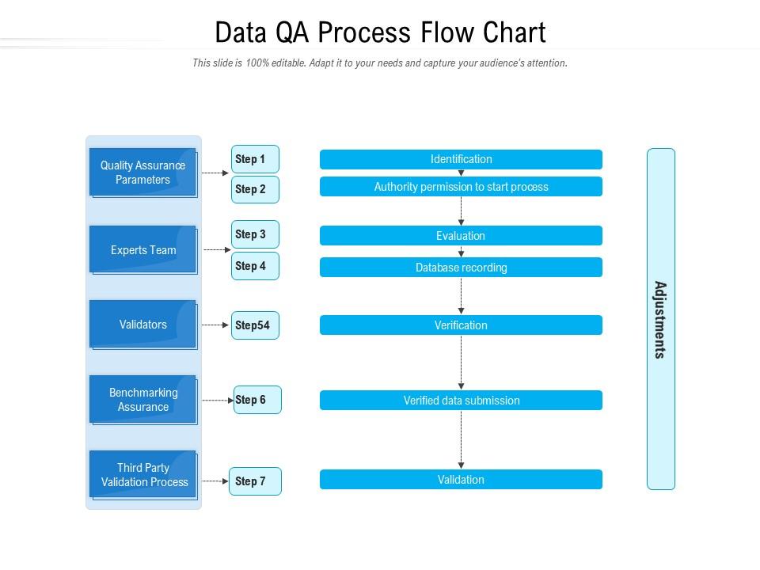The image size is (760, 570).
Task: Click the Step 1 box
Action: [x=255, y=159]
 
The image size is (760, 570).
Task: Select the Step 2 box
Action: [x=255, y=189]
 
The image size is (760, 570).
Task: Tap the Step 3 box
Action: [x=255, y=234]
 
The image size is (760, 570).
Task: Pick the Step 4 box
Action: [x=255, y=266]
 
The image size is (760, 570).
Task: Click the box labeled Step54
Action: [x=255, y=325]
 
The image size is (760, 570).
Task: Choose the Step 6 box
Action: [x=257, y=400]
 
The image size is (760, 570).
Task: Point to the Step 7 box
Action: [x=255, y=481]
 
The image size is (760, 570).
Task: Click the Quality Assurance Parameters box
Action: [x=142, y=173]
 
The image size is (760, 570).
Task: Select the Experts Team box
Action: [x=142, y=250]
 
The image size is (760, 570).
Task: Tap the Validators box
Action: [x=142, y=325]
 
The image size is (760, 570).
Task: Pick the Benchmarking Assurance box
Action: [x=142, y=400]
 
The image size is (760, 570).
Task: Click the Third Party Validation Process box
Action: [x=142, y=475]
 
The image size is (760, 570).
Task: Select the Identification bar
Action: [x=461, y=159]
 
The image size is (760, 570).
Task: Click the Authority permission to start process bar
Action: [x=461, y=187]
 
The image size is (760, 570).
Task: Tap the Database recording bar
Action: [x=461, y=268]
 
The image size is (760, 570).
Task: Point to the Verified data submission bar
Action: [x=461, y=401]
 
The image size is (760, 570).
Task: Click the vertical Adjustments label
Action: [x=660, y=320]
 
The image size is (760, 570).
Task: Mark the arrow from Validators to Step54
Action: [x=215, y=325]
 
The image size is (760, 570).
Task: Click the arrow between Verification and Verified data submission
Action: [x=461, y=362]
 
